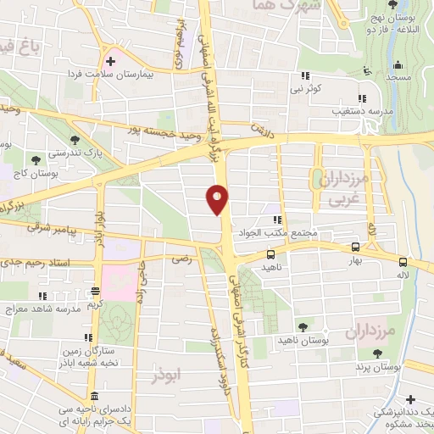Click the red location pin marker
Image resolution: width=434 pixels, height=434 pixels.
tap(218, 198)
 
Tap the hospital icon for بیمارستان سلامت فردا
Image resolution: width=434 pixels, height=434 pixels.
tap(109, 61)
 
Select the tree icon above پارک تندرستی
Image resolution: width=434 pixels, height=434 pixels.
tap(76, 138)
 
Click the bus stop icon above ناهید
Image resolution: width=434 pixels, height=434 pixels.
tap(271, 254)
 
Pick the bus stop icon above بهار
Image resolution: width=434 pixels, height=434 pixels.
tap(354, 247)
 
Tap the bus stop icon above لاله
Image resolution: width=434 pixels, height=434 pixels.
tap(403, 262)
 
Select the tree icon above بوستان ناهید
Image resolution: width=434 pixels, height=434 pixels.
tap(303, 325)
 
